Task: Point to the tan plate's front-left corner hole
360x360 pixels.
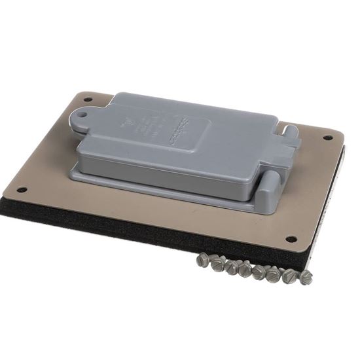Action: click(x=22, y=190)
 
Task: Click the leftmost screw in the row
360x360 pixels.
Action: click(x=202, y=260)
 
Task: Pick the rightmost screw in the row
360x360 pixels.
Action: click(x=305, y=277)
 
